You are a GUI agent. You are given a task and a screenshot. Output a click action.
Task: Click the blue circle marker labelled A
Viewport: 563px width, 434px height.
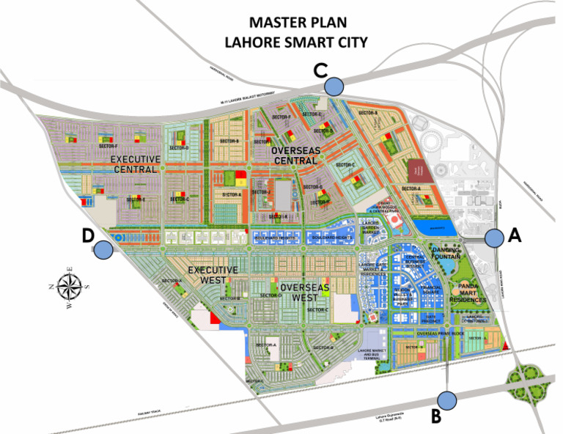pos(495,238)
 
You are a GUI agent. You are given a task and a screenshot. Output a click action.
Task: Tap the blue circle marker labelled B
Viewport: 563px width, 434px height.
pos(447,400)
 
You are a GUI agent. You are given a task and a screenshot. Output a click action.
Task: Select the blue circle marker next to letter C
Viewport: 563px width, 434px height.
pos(334,86)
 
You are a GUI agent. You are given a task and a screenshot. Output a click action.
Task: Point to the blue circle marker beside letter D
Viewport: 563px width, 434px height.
pos(103,249)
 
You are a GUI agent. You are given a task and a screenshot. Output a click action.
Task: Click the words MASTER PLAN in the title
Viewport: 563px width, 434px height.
pos(298,23)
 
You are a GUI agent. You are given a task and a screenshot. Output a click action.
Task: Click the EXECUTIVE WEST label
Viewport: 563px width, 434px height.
pos(213,275)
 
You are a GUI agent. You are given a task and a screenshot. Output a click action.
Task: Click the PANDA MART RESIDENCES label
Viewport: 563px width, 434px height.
pos(466,293)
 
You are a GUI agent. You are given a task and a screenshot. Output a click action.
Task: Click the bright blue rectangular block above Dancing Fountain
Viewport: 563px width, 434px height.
pos(435,227)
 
